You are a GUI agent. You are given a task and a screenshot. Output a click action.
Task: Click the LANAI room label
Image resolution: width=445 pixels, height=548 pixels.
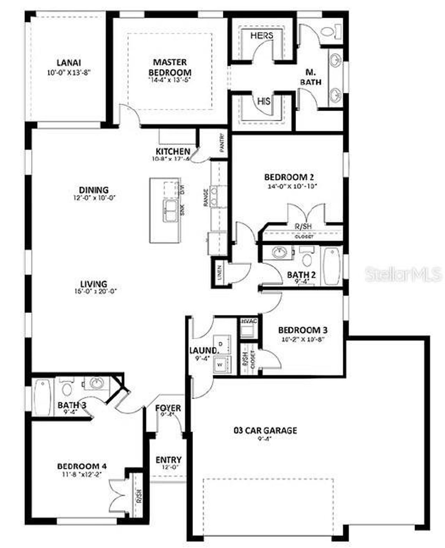69,63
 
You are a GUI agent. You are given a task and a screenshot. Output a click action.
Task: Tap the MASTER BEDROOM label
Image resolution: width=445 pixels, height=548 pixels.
170,67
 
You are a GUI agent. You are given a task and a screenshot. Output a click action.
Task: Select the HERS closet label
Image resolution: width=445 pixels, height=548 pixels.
262,35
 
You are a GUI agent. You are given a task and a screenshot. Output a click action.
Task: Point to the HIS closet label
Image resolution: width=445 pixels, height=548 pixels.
264,101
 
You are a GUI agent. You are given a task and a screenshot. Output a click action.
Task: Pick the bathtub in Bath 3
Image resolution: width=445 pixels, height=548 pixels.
43,397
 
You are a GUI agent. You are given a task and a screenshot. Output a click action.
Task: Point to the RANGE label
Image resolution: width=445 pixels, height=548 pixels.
206,198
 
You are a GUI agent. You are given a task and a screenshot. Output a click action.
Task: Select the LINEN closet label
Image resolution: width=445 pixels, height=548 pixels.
219,272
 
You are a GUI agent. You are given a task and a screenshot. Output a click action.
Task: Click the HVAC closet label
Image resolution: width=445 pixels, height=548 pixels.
249,321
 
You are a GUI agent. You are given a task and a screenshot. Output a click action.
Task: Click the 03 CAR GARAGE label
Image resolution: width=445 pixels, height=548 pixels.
265,430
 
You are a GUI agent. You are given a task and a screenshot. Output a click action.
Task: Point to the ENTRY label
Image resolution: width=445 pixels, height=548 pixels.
168,460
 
